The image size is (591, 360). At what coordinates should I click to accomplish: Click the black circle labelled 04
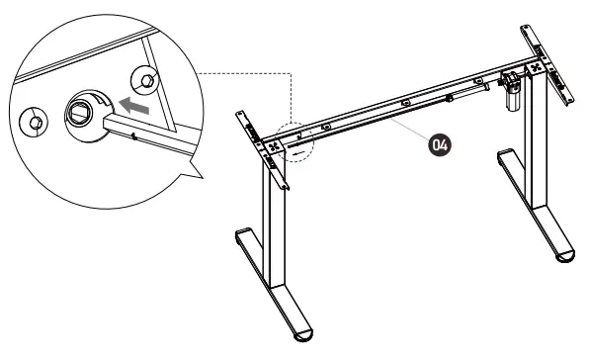pyautogui.click(x=440, y=144)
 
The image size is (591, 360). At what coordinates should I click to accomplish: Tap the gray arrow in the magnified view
pyautogui.click(x=133, y=105)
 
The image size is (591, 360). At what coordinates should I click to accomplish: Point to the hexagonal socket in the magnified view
pyautogui.click(x=79, y=113)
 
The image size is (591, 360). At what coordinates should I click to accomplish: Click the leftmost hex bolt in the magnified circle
pyautogui.click(x=34, y=122)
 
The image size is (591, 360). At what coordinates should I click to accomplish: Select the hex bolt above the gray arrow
pyautogui.click(x=144, y=80)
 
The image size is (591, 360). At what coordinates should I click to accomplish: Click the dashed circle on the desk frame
pyautogui.click(x=295, y=142)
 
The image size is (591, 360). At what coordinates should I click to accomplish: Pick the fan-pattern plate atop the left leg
pyautogui.click(x=275, y=147)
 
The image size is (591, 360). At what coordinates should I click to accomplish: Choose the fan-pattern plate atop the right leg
pyautogui.click(x=536, y=68)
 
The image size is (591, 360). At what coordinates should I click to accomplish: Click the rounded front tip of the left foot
pyautogui.click(x=303, y=335)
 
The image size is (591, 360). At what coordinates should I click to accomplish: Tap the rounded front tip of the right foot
pyautogui.click(x=564, y=256)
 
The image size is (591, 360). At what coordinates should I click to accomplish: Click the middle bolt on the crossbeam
pyautogui.click(x=406, y=103)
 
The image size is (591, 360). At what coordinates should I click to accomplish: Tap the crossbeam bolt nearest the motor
pyautogui.click(x=478, y=81)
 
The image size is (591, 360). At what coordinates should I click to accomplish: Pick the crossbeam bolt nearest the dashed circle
pyautogui.click(x=326, y=128)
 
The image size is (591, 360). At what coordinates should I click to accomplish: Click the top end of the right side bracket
pyautogui.click(x=525, y=28)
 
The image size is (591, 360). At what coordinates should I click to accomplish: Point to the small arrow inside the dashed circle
pyautogui.click(x=298, y=153)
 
